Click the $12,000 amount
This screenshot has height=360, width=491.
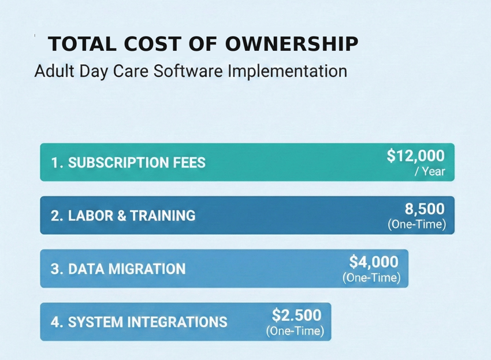click(416, 155)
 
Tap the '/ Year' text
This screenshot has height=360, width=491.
click(430, 172)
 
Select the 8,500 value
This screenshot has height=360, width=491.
click(425, 209)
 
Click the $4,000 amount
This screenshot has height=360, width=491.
click(374, 262)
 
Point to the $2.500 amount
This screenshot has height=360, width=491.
click(297, 316)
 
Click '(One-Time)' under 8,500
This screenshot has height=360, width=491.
click(416, 225)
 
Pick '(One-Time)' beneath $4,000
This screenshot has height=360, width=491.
click(371, 277)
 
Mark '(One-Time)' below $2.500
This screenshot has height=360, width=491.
click(295, 332)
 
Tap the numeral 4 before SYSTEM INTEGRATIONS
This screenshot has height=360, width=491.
click(55, 322)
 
